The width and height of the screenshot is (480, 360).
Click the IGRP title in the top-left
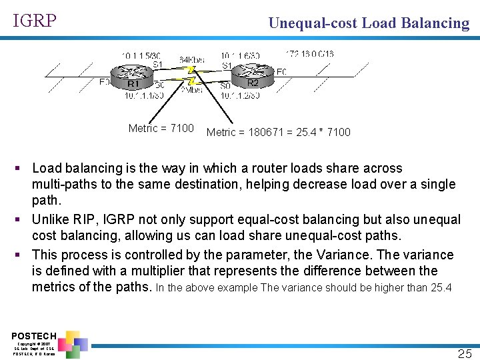(x=35, y=21)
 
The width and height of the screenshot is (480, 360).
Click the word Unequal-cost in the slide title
(x=312, y=23)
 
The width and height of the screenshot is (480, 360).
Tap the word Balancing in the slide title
(x=435, y=23)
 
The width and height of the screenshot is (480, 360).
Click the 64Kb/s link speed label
(x=192, y=60)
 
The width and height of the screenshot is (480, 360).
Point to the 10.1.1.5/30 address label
(x=141, y=55)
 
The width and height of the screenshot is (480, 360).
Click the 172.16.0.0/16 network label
(x=309, y=54)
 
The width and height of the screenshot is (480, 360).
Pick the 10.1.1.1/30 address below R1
(x=143, y=96)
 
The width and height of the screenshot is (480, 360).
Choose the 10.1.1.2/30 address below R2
(x=240, y=96)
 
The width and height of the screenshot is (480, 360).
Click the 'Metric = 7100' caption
(x=161, y=128)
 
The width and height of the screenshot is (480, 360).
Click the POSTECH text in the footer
(x=33, y=335)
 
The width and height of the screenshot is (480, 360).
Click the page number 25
(x=465, y=353)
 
